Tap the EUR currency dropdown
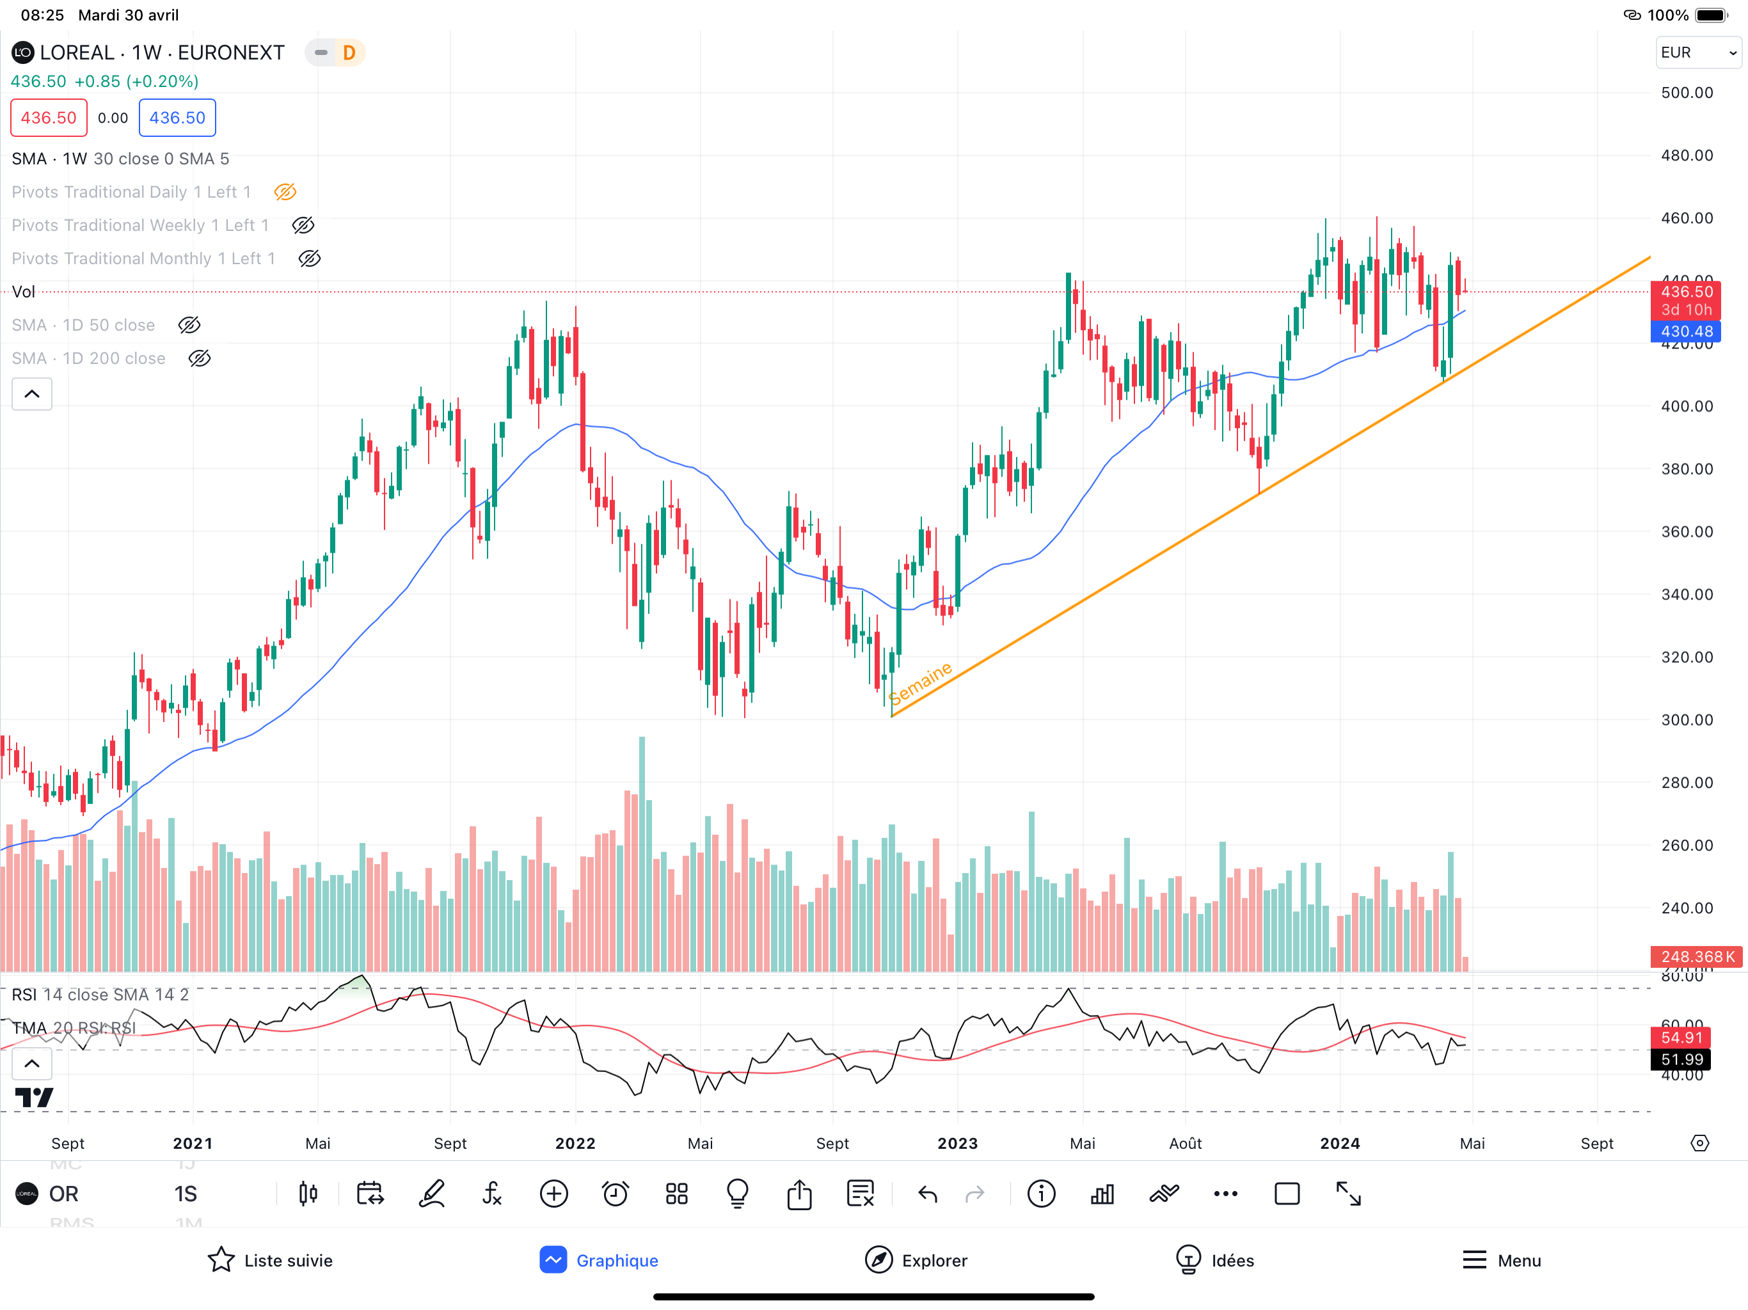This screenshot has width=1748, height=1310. (x=1697, y=53)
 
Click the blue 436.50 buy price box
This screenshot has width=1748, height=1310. (x=177, y=118)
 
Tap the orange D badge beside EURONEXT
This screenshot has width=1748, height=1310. (x=349, y=53)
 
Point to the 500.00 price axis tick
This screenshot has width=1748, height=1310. (x=1687, y=93)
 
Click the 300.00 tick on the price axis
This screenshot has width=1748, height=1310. (x=1687, y=720)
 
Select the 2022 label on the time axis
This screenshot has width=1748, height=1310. (x=575, y=1143)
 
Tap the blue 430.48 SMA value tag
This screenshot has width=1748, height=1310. (x=1685, y=332)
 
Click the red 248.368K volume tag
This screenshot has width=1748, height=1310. (x=1696, y=957)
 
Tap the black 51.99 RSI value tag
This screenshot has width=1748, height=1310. (x=1681, y=1059)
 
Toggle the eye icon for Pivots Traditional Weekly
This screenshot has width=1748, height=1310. (x=303, y=226)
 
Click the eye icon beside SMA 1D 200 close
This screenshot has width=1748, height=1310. (x=200, y=359)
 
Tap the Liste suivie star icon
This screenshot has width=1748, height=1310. (x=221, y=1260)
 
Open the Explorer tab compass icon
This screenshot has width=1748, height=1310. (x=878, y=1260)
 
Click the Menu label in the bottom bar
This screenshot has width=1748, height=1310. (x=1519, y=1260)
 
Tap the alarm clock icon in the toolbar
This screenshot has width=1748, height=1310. (x=615, y=1194)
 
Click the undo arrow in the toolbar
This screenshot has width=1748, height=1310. (x=928, y=1194)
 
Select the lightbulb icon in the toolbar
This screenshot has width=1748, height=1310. (x=737, y=1194)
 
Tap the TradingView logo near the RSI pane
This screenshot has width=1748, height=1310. (x=34, y=1098)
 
